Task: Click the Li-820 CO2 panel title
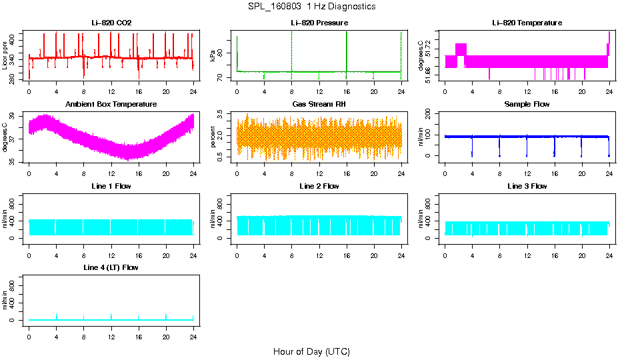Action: point(111,23)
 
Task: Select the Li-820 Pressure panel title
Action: point(319,23)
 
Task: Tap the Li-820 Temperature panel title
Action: point(527,23)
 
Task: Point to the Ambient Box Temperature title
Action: point(111,105)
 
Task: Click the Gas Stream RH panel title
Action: point(319,105)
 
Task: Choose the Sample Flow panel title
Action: point(527,105)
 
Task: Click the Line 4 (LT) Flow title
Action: point(111,267)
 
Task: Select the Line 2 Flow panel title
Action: point(319,186)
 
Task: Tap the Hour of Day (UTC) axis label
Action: point(311,351)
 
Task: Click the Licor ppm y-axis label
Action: point(5,56)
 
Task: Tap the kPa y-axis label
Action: point(213,56)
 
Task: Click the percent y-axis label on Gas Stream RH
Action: point(213,137)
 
